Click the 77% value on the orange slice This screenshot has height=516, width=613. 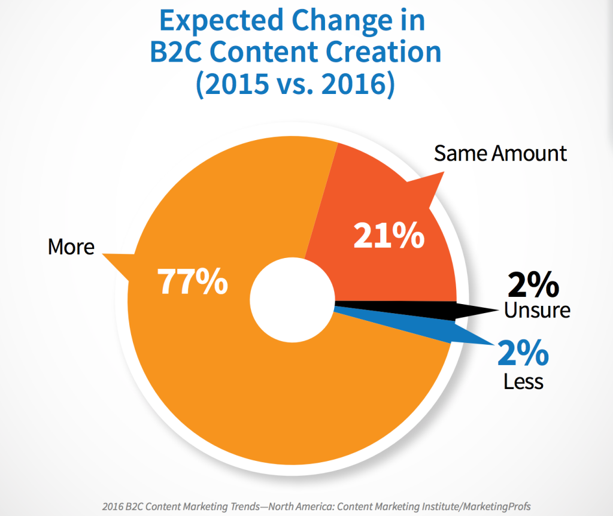click(x=193, y=282)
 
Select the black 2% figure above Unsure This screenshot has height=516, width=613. click(x=533, y=286)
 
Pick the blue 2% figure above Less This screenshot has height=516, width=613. click(x=523, y=354)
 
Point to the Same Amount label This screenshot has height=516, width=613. click(x=500, y=153)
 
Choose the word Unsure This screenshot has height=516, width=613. click(x=537, y=310)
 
